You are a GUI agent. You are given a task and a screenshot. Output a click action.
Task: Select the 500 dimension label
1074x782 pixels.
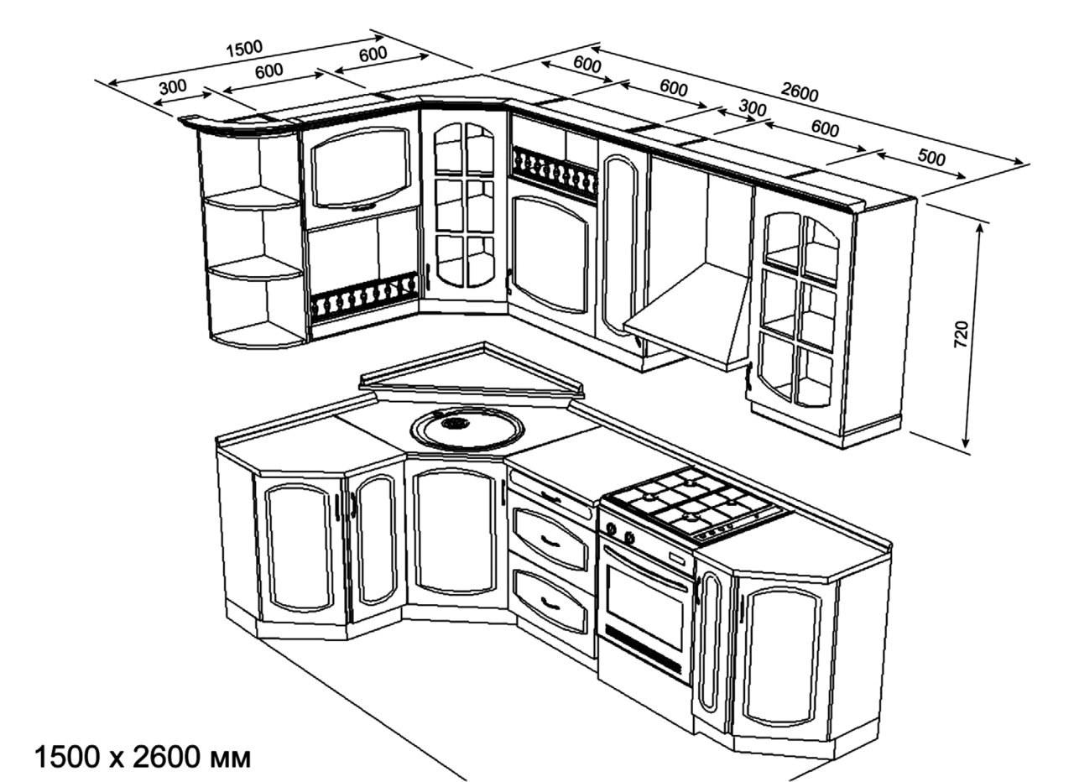931,159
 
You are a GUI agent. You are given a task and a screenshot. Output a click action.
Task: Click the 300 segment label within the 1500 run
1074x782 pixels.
172,86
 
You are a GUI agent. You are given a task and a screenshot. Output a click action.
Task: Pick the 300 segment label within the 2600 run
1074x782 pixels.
753,108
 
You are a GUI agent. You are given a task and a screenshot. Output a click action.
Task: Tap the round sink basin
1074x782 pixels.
467,429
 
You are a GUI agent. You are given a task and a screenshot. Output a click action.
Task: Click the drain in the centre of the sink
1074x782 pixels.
457,424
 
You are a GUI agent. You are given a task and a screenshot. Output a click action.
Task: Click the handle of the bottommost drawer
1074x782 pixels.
550,601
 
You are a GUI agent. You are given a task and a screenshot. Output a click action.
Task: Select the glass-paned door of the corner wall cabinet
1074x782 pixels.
464,206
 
